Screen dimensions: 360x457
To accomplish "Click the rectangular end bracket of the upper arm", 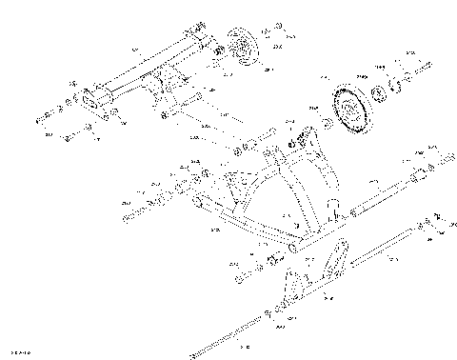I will click(x=95, y=101).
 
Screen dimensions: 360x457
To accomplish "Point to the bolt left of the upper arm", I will click(x=45, y=119).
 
